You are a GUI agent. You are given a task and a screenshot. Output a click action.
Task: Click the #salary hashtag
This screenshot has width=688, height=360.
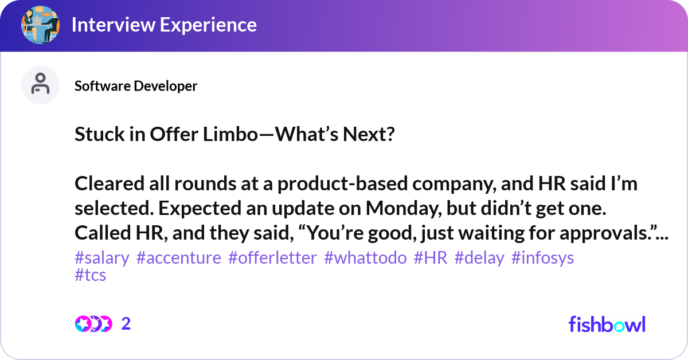pos(102,259)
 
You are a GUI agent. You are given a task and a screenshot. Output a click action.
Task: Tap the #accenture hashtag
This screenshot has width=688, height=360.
pos(179,259)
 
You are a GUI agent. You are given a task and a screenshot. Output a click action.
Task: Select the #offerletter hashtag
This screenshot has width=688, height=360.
pos(272,259)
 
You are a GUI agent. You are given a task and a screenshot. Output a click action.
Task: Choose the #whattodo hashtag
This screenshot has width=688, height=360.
pos(365,259)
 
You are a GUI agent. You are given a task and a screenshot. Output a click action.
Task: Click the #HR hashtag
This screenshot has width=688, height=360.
pos(431,259)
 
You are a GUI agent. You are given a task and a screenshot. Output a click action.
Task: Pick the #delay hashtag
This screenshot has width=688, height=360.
pos(479,259)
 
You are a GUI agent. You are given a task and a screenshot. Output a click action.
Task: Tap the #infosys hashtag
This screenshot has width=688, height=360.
pos(542,259)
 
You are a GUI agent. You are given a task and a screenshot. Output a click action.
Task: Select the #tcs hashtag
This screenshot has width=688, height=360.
pos(91,275)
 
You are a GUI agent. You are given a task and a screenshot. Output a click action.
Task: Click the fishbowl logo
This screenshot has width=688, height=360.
pos(607,324)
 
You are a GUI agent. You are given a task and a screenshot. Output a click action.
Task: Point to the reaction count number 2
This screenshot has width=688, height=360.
pos(126,324)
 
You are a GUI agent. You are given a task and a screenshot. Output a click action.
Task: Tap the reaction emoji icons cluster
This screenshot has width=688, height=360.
pos(93,324)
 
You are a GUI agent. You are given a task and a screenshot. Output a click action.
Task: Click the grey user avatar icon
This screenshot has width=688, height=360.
pos(40,85)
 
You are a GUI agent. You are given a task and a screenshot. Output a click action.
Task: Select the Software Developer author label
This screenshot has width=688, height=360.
pos(136,86)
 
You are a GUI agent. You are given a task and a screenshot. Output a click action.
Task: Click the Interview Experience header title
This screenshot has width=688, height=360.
pos(164,25)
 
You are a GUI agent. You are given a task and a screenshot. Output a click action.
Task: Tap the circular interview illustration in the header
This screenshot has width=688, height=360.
pos(40,25)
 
